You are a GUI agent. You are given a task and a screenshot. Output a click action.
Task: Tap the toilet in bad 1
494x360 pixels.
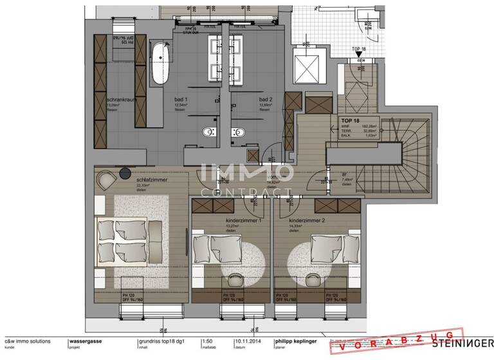click(206, 132)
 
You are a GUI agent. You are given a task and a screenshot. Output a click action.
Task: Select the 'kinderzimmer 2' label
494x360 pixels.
click(307, 221)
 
